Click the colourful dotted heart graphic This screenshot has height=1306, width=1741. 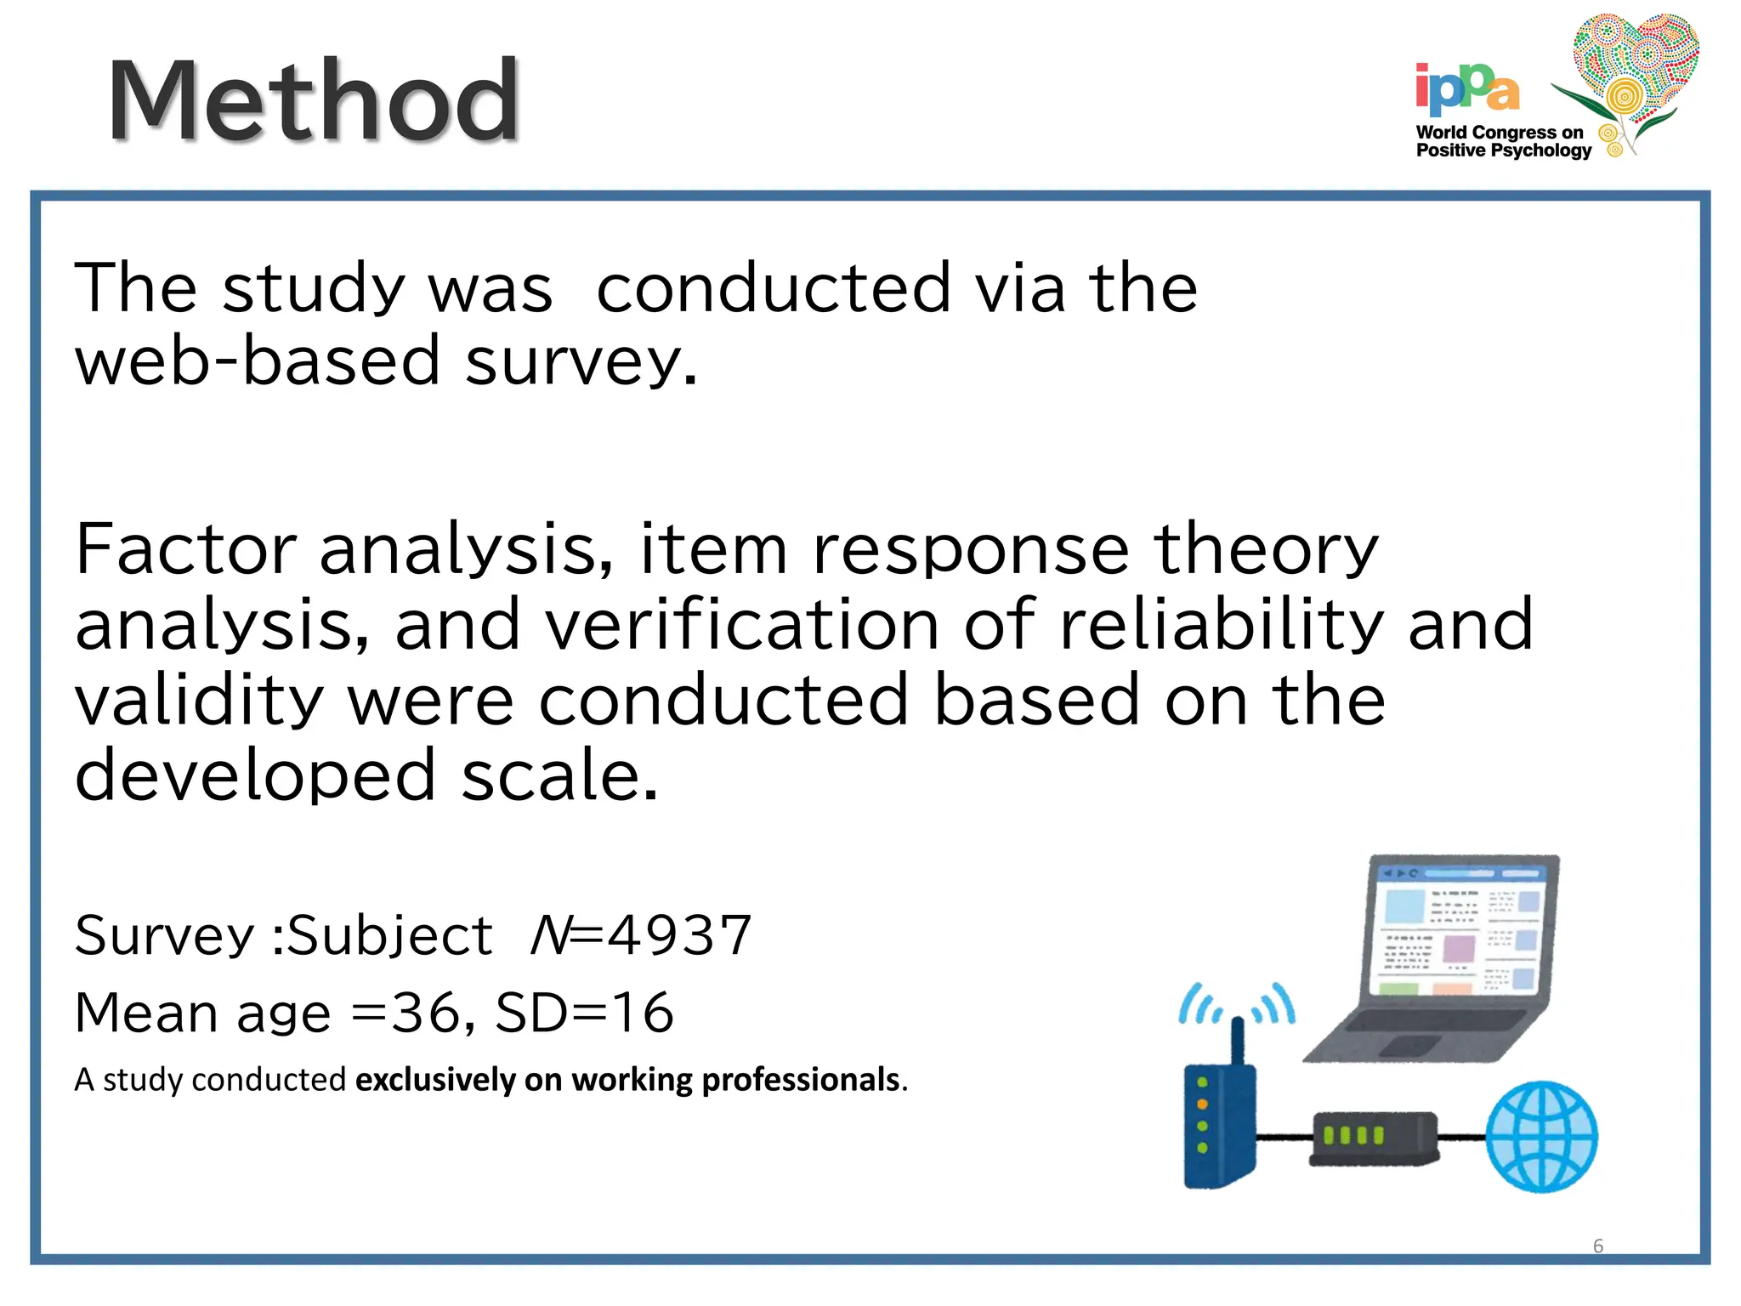click(1634, 68)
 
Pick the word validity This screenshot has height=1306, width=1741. click(199, 700)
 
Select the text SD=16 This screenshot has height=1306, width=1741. click(585, 1013)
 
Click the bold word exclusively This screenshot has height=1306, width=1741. click(434, 1080)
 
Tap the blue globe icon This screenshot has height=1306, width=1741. click(1540, 1137)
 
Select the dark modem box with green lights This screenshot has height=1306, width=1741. click(1372, 1138)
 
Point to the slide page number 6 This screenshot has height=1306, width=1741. click(1597, 1246)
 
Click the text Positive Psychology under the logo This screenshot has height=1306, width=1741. click(1503, 150)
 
